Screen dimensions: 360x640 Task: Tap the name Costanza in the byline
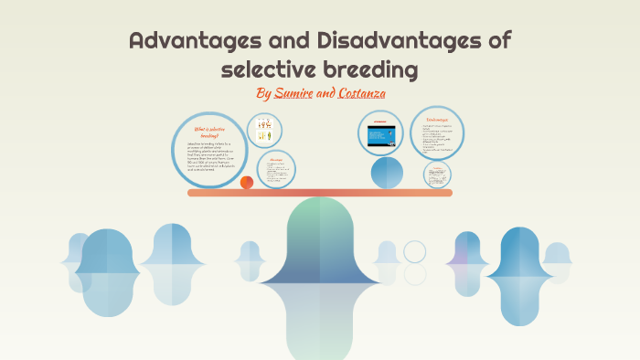[x=360, y=94]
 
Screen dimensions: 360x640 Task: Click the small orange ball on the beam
[x=247, y=183]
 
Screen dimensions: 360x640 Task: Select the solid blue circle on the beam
[x=386, y=172]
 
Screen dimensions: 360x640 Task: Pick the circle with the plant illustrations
[x=264, y=130]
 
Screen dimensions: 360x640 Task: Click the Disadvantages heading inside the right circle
[x=437, y=120]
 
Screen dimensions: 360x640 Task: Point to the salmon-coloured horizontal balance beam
[x=320, y=193]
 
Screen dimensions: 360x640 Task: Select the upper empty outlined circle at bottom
[x=415, y=251]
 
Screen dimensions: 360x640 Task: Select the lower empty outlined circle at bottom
[x=415, y=274]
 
